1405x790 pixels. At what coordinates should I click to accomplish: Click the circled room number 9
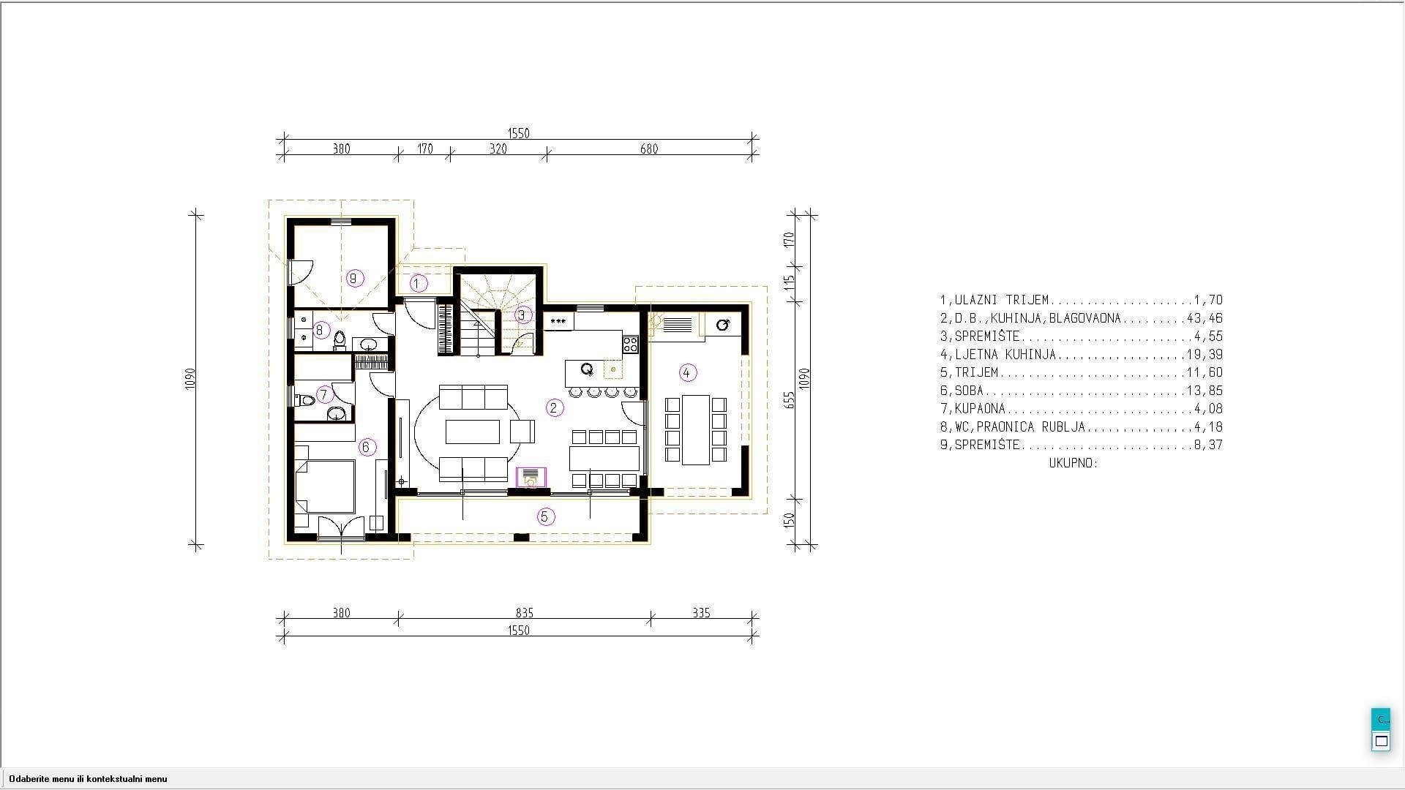coord(355,278)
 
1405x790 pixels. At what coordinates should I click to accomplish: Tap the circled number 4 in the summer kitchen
coord(686,372)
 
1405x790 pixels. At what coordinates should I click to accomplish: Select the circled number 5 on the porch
coord(544,517)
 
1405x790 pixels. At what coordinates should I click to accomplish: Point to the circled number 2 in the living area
coord(555,407)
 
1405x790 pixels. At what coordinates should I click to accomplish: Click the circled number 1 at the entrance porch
coord(419,283)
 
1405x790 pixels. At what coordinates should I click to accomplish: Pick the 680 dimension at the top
coord(649,149)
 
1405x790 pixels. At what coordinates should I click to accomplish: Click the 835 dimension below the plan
coord(524,613)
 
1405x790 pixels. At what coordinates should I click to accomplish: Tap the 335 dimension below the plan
coord(701,613)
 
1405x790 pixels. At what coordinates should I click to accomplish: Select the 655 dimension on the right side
coord(789,400)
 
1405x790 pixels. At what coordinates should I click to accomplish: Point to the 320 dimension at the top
coord(498,149)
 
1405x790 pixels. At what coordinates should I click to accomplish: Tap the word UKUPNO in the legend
coord(1074,463)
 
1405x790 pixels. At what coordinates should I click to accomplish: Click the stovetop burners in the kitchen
coord(631,344)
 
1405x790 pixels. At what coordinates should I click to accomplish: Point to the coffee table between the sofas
coord(473,432)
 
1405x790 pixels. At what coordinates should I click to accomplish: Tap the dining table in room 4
coord(696,430)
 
